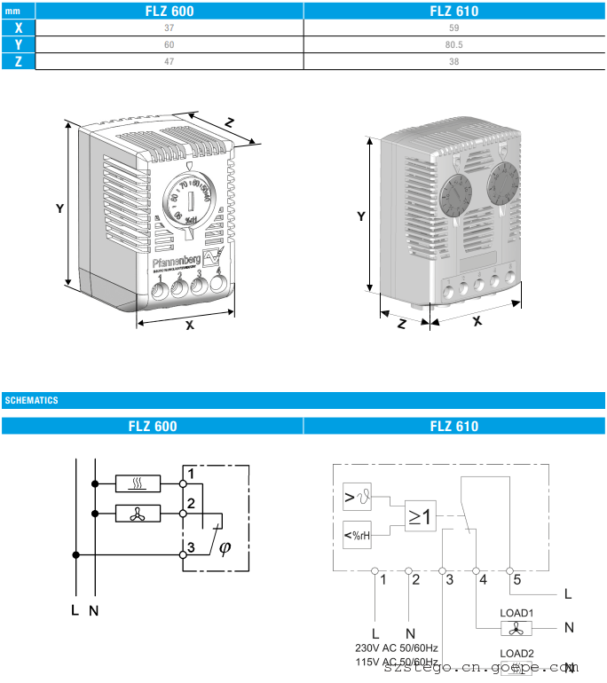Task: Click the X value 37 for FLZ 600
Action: tap(169, 27)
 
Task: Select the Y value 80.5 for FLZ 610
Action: tap(454, 44)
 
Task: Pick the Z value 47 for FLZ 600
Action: tap(169, 61)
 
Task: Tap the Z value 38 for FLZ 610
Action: tap(454, 61)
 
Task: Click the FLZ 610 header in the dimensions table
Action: tap(454, 11)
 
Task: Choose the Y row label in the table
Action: tap(18, 44)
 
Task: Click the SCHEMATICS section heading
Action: tap(32, 401)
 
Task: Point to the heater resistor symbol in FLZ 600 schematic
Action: tap(138, 483)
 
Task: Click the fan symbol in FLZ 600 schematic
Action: tap(138, 512)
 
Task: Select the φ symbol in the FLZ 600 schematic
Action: tap(224, 548)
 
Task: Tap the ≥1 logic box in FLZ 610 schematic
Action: tap(421, 517)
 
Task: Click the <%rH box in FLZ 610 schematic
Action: tap(358, 535)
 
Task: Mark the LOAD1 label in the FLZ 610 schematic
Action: tap(516, 612)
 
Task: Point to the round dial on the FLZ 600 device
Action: tap(187, 197)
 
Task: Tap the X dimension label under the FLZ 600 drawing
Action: tap(189, 326)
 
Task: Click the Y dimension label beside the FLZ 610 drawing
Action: tap(360, 216)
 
